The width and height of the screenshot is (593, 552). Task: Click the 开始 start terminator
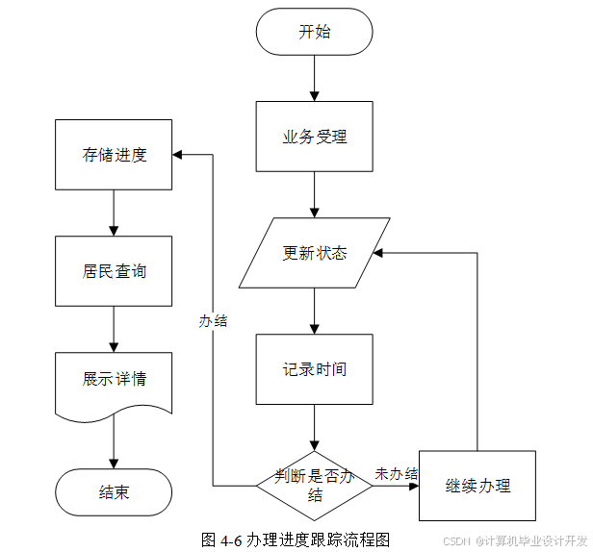click(x=314, y=32)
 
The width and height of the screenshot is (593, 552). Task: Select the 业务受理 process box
click(x=314, y=137)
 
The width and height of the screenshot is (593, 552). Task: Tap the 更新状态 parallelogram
click(x=314, y=253)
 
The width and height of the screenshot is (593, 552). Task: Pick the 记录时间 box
click(x=314, y=369)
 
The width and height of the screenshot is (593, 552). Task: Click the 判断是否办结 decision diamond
click(x=314, y=486)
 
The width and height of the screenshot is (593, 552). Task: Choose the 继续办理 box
click(x=477, y=486)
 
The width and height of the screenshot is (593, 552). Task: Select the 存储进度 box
click(x=114, y=155)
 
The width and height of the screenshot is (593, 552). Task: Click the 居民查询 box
click(x=114, y=271)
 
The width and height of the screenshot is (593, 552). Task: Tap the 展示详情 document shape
click(x=114, y=387)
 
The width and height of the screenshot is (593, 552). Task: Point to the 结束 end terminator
click(x=114, y=492)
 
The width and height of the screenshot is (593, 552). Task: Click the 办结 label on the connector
click(x=213, y=321)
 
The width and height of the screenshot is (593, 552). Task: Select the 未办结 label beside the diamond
click(x=396, y=474)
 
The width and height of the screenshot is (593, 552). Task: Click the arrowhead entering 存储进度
click(x=177, y=155)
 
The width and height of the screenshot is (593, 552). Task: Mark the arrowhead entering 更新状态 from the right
click(x=377, y=253)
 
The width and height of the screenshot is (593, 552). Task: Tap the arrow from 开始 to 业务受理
click(x=314, y=78)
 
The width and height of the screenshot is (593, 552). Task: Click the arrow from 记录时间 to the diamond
click(x=314, y=428)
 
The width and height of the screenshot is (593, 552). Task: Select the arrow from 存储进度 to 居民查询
click(x=114, y=213)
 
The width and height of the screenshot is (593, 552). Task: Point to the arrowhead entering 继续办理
click(x=414, y=486)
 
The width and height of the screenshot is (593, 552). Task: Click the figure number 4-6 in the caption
click(x=231, y=540)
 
